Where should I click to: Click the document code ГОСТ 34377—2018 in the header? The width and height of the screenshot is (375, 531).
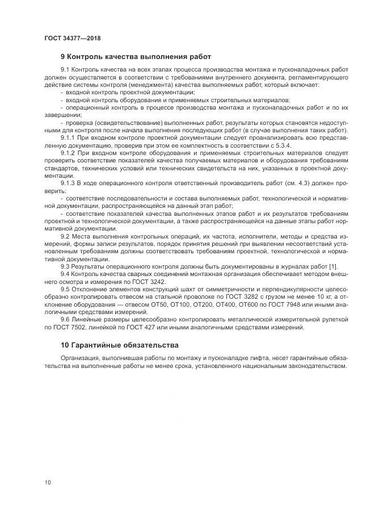(x=73, y=38)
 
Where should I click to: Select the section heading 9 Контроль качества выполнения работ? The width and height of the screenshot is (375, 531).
(x=136, y=57)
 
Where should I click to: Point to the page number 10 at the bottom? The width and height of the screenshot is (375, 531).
(x=48, y=483)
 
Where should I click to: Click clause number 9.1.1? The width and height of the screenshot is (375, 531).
(x=68, y=137)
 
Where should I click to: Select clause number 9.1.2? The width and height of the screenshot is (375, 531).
(x=68, y=153)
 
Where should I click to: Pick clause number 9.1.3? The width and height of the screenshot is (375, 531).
(x=68, y=183)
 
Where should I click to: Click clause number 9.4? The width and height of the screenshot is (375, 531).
(x=65, y=273)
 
